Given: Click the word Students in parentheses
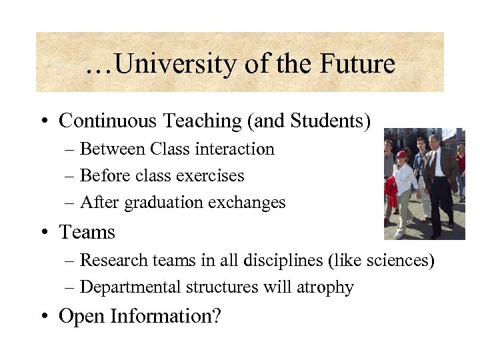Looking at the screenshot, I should (327, 121).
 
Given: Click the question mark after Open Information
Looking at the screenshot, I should (215, 316).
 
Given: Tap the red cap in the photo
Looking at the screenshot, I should (401, 154).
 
